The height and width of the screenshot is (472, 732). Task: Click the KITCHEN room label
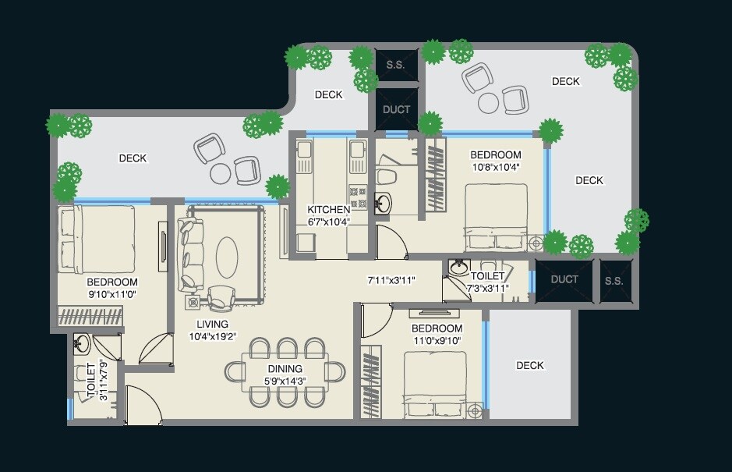328,210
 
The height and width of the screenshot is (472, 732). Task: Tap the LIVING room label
212,324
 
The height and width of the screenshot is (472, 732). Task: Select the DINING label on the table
285,369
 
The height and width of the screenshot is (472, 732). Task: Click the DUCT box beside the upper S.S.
396,109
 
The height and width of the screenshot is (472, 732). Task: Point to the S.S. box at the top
395,65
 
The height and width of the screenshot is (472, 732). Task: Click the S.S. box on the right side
614,281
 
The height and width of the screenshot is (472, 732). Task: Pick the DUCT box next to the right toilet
564,279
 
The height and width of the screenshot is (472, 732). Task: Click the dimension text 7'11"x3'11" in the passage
391,279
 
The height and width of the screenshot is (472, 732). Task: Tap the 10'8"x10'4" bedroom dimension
495,167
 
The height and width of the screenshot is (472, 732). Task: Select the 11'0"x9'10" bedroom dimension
437,340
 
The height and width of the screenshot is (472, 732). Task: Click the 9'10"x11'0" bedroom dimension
111,294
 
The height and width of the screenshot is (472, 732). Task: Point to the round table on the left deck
221,172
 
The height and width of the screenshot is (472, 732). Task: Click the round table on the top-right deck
488,103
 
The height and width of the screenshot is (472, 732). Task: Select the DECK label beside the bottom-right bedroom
529,365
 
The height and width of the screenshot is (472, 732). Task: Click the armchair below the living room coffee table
222,296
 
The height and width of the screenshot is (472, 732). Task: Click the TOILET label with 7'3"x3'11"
487,276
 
